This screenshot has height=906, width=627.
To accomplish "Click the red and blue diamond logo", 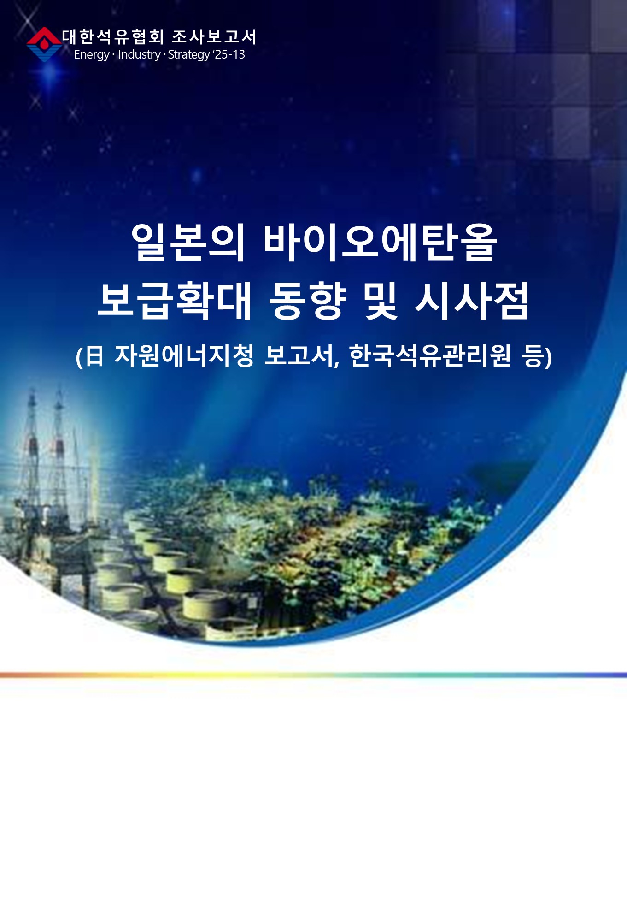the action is tap(44, 44).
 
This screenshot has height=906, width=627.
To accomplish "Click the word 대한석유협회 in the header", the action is tap(113, 37).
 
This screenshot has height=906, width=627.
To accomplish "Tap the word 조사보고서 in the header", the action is tap(214, 37).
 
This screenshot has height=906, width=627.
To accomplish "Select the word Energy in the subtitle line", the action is tap(91, 55).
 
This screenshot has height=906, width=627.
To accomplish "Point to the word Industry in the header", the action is tap(139, 54).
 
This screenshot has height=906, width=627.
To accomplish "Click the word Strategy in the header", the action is tap(189, 55).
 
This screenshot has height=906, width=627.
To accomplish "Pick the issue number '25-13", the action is tap(229, 54).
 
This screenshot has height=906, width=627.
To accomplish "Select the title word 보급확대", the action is tap(175, 301).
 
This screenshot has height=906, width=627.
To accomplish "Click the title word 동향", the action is tap(307, 301).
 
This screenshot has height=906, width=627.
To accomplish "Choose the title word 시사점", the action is tap(472, 301).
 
